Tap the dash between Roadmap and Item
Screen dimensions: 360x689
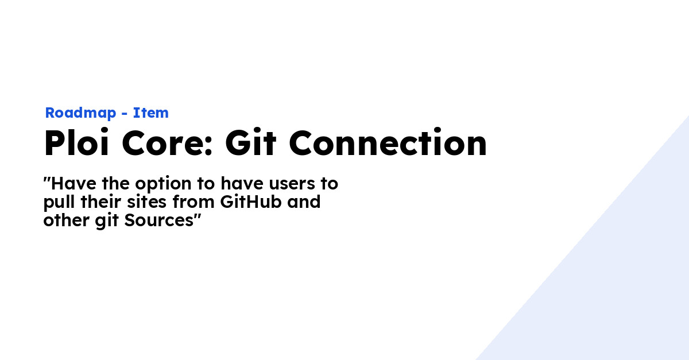pyautogui.click(x=125, y=114)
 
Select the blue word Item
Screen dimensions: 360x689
pyautogui.click(x=151, y=113)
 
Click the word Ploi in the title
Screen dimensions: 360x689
pyautogui.click(x=76, y=144)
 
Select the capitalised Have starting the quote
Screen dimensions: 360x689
pyautogui.click(x=69, y=184)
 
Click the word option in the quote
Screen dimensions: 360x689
pyautogui.click(x=157, y=185)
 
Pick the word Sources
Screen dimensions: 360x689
pyautogui.click(x=160, y=220)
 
